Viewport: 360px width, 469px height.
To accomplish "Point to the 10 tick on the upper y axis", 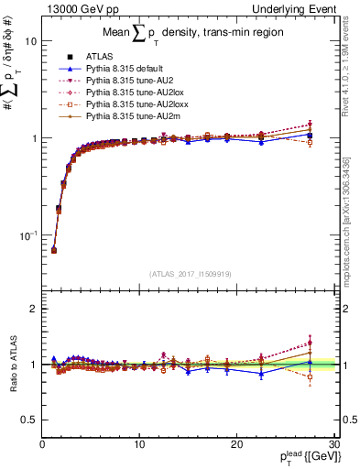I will click(x=30, y=41).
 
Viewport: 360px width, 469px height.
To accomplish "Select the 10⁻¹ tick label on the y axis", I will click(x=27, y=234).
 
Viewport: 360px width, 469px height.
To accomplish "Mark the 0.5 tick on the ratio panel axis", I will click(x=29, y=420).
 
